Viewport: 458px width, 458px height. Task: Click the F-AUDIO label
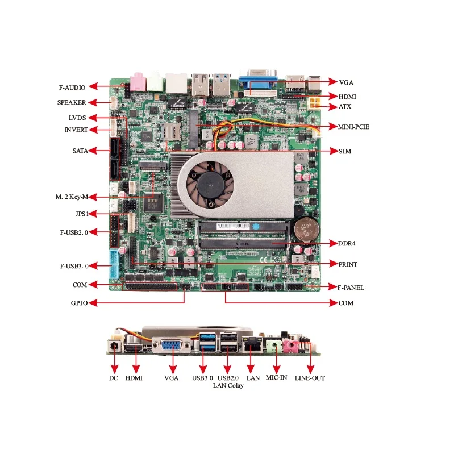tap(72, 88)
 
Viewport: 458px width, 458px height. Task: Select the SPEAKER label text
tap(72, 103)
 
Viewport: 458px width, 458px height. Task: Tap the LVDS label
tap(77, 118)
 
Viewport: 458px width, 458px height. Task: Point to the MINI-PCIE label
tap(353, 127)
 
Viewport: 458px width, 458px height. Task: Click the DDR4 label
tap(347, 243)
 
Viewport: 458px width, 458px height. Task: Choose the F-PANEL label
tap(351, 288)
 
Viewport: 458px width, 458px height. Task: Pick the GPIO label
tap(79, 303)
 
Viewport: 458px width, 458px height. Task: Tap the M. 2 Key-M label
tap(72, 197)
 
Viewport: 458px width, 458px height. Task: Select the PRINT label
tap(348, 265)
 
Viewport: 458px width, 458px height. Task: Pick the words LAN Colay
tap(228, 386)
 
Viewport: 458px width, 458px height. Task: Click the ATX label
tap(345, 106)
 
